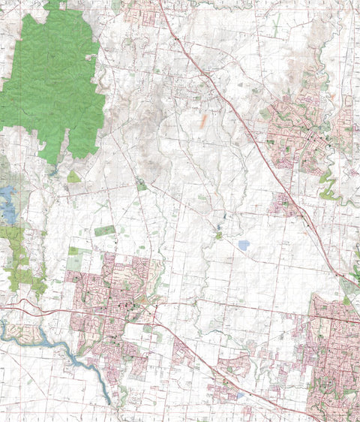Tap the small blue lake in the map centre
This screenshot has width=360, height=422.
point(243,245)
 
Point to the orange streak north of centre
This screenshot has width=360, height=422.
point(202,119)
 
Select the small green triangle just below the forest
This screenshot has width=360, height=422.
point(73,177)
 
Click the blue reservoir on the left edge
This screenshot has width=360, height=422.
point(7,204)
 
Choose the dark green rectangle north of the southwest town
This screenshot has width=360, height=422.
point(105,231)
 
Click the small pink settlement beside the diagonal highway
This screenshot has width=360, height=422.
point(283,203)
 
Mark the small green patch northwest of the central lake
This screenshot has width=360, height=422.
point(217,235)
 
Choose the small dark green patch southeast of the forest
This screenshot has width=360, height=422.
point(142,185)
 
